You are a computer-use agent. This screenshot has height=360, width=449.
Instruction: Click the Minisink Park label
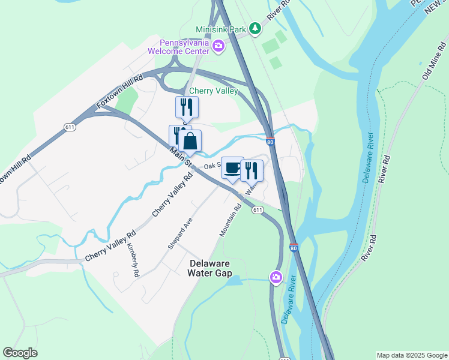tap(221, 29)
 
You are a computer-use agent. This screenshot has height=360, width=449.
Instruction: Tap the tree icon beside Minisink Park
tap(256, 28)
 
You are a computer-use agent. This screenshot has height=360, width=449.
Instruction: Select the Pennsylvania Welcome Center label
tap(184, 46)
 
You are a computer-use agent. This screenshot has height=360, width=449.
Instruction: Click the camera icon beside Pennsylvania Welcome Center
tap(218, 46)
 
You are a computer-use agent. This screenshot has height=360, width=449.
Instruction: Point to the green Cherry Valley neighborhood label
tap(214, 91)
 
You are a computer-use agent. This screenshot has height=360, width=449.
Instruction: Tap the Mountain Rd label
tap(231, 220)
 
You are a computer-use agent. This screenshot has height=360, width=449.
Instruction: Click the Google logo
tap(20, 353)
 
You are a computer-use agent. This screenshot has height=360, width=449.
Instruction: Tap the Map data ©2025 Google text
tap(412, 355)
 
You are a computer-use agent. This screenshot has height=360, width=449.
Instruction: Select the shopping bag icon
tap(190, 142)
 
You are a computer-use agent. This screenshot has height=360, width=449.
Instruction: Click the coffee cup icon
tap(232, 168)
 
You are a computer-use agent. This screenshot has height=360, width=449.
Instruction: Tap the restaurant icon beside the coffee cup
tap(252, 170)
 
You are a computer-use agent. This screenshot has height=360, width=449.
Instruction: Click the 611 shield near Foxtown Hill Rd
tap(70, 126)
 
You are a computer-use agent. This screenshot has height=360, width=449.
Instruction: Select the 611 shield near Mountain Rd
tap(258, 209)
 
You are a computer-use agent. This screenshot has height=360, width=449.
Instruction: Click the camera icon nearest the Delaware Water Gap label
tap(276, 277)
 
